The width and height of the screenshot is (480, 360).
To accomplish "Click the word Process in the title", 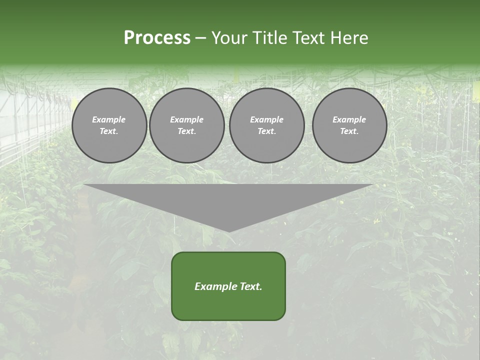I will click(157, 38).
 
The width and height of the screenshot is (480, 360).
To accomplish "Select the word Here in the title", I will click(350, 38).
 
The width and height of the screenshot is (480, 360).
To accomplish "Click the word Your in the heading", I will click(230, 38).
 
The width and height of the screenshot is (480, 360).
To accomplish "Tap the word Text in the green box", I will click(251, 286).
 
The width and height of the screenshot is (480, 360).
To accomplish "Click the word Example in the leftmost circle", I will click(109, 119).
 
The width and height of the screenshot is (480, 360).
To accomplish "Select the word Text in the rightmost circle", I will click(349, 131).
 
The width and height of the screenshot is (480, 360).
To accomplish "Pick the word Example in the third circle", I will click(266, 119).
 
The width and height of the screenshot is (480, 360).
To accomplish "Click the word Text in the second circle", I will click(186, 131).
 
